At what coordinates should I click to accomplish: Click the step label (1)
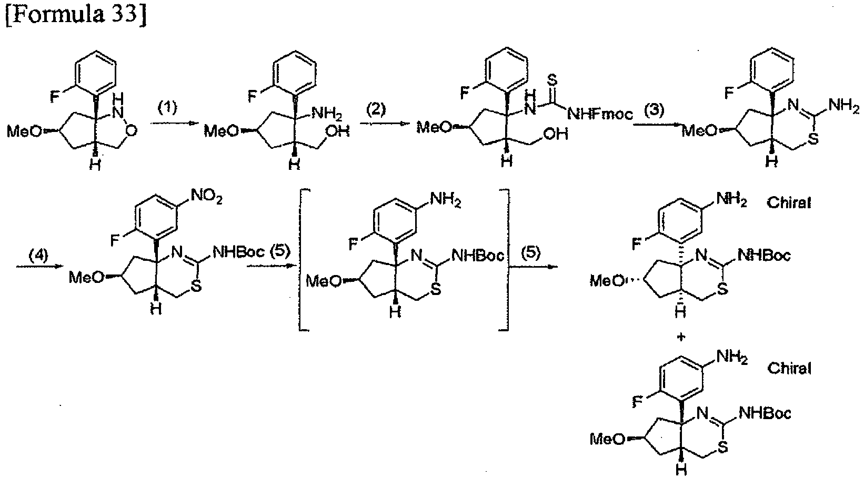(x=168, y=108)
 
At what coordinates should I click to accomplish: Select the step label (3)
(x=654, y=110)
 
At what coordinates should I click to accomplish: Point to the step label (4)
(x=38, y=255)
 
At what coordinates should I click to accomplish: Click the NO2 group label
(x=206, y=197)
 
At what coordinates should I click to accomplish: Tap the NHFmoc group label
(x=600, y=114)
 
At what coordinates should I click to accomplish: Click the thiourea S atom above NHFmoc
(x=552, y=80)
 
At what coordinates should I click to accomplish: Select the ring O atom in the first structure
(x=132, y=131)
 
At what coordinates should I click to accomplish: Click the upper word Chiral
(x=789, y=202)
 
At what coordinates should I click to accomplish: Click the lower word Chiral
(x=789, y=368)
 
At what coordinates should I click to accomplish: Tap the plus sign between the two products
(x=681, y=337)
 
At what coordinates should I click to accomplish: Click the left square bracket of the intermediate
(x=302, y=259)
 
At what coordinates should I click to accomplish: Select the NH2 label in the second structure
(x=326, y=114)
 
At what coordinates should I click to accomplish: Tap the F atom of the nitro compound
(x=114, y=241)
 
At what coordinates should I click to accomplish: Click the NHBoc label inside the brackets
(x=477, y=255)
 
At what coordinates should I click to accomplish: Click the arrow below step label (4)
(x=39, y=266)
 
